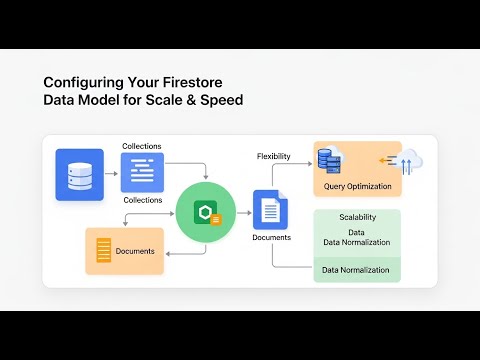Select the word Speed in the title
(217, 100)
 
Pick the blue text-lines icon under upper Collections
(142, 172)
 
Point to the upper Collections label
(142, 147)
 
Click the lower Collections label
(142, 200)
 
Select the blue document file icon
(271, 210)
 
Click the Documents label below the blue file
(271, 238)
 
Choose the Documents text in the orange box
(135, 251)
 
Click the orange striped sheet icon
(102, 251)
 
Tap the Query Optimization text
(356, 185)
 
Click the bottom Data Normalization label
(356, 269)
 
